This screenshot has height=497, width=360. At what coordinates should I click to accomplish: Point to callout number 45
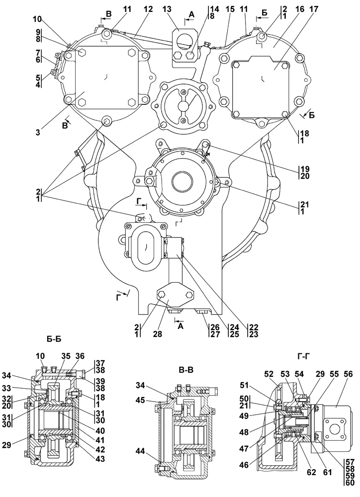(141, 401)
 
